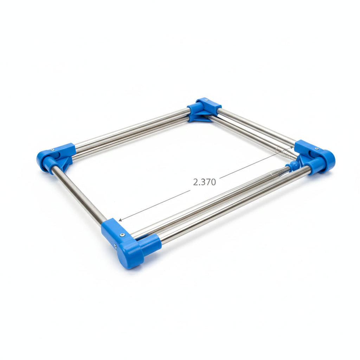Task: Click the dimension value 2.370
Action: [x=204, y=182]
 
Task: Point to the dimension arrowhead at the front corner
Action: [x=120, y=220]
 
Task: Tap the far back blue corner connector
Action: [x=204, y=108]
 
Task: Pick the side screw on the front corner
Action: [x=115, y=246]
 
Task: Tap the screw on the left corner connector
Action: [x=53, y=150]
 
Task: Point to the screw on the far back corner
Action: [x=206, y=101]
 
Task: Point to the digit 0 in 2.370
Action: [x=213, y=182]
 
